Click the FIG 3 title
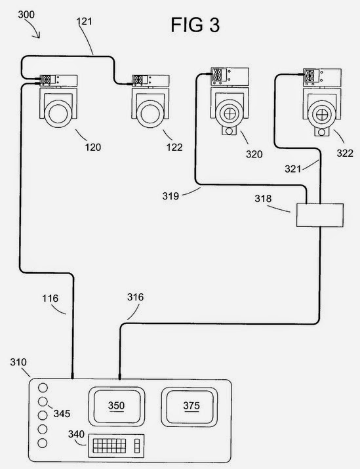(195, 25)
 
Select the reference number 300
(26, 14)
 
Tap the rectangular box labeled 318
(319, 215)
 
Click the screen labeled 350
(117, 406)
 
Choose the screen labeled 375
(190, 407)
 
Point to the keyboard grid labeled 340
(109, 445)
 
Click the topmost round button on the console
(43, 388)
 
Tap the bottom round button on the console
(43, 443)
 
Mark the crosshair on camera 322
(322, 115)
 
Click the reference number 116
(50, 298)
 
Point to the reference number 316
(135, 297)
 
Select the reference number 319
(170, 196)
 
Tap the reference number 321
(292, 169)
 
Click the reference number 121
(85, 21)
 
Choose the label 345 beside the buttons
(62, 414)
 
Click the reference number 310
(18, 362)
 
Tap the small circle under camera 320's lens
(229, 131)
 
